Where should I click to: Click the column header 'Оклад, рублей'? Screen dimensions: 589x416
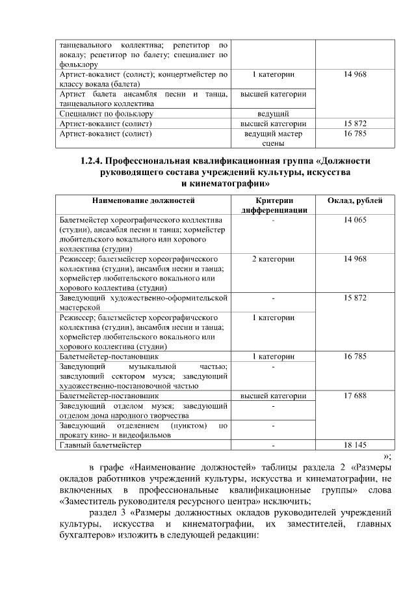(354, 200)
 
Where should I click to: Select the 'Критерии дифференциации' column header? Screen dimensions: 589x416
(273, 205)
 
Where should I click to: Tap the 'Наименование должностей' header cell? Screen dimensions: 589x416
(143, 200)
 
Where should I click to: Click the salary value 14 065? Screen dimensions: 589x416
(354, 220)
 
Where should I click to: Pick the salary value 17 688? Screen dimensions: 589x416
(354, 395)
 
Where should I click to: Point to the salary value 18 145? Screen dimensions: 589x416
(354, 445)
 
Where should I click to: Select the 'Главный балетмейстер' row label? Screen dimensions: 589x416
(99, 445)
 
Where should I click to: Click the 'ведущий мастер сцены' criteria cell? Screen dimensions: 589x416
(273, 137)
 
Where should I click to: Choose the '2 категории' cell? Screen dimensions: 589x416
(273, 259)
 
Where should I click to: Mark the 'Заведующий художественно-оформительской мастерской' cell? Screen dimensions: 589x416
(143, 302)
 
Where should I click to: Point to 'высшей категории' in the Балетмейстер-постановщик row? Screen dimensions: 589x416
(273, 395)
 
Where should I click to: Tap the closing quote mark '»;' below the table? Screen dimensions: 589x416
(387, 456)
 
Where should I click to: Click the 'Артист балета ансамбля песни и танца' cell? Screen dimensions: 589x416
(143, 98)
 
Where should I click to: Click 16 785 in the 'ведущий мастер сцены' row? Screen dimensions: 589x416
(354, 133)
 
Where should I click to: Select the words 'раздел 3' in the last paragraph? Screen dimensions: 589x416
(105, 512)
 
